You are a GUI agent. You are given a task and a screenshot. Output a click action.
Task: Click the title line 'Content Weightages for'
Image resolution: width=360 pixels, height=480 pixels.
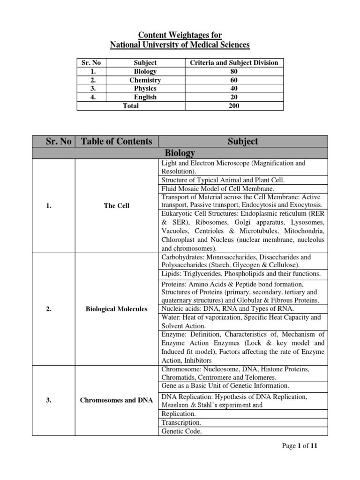tap(180, 35)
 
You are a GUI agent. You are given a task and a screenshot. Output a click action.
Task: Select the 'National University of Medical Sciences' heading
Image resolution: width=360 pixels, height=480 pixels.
tap(180, 45)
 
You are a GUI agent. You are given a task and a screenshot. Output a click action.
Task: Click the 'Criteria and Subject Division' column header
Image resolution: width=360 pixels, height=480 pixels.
tap(233, 63)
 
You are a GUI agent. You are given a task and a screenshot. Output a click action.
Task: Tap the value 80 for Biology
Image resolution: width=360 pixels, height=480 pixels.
tap(233, 72)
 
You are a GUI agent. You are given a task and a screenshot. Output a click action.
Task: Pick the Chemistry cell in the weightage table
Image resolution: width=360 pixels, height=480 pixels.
tap(145, 80)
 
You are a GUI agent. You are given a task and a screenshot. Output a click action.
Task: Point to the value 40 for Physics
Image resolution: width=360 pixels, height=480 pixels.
tap(233, 89)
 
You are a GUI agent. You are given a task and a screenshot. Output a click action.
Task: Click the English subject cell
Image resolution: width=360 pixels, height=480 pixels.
tap(145, 97)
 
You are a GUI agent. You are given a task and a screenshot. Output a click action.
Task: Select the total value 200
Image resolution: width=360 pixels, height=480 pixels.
tap(233, 106)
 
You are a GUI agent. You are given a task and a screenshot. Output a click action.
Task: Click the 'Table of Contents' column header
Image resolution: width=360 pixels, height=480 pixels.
tap(116, 141)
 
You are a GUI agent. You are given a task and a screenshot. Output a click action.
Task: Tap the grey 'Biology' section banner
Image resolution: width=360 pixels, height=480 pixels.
tap(180, 153)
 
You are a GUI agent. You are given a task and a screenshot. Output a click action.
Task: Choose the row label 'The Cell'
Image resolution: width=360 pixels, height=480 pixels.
tap(116, 206)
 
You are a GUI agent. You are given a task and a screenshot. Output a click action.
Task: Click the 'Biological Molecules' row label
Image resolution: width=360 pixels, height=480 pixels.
tap(116, 309)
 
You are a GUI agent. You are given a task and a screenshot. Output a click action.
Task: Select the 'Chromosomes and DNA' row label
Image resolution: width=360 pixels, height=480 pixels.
tap(116, 401)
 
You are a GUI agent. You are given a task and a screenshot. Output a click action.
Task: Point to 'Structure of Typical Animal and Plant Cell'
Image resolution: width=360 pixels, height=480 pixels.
tap(223, 180)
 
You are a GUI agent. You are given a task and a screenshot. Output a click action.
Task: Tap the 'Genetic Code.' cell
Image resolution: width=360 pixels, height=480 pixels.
tap(181, 431)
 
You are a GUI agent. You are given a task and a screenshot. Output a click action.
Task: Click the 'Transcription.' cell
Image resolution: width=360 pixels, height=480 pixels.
tap(181, 423)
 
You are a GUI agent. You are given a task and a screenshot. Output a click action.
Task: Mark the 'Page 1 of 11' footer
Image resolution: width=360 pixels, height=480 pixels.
tap(300, 446)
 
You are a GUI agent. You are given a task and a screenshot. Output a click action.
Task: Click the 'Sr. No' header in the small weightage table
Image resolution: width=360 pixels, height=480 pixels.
tap(91, 63)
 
